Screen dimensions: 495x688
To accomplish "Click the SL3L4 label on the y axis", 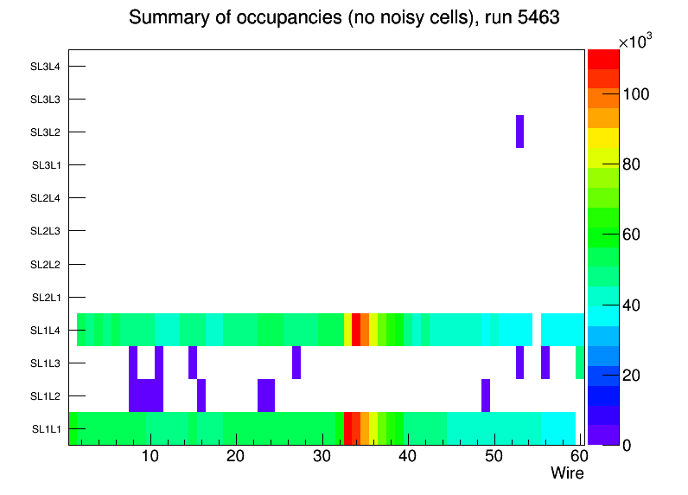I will [x=46, y=67].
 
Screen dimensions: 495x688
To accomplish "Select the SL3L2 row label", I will [x=46, y=132].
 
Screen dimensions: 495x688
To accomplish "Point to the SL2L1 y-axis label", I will [x=47, y=298].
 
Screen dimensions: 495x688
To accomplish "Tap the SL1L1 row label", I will [x=47, y=429].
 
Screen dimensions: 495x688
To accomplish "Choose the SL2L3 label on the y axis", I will [x=46, y=231].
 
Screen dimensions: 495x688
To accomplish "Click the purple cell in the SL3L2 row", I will [x=519, y=132].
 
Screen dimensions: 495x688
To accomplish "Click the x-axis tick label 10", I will [x=150, y=456].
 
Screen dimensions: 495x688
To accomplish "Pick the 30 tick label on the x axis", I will [x=322, y=456].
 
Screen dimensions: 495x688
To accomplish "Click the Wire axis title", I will [x=567, y=473].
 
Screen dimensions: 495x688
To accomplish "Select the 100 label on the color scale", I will [x=639, y=93].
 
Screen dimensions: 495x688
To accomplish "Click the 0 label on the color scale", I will [x=633, y=445].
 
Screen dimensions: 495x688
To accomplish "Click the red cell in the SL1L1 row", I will [x=347, y=428].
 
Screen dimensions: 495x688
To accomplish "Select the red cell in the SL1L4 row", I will [x=356, y=330].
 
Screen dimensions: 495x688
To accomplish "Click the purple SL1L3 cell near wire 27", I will [x=296, y=363].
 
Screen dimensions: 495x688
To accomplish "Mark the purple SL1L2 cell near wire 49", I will [x=486, y=395].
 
